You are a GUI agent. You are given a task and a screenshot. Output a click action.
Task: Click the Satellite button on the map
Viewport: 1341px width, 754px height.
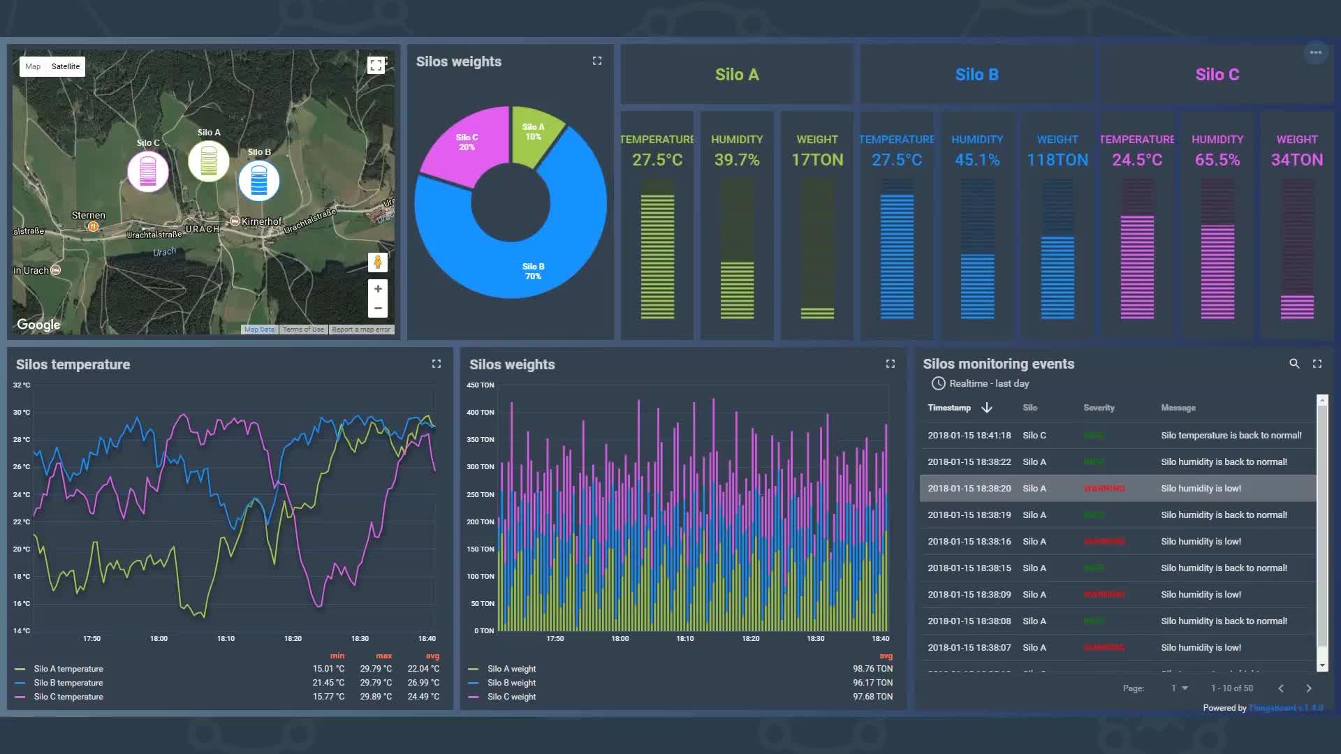[x=66, y=66]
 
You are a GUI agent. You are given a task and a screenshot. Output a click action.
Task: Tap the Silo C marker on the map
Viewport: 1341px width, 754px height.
[x=147, y=170]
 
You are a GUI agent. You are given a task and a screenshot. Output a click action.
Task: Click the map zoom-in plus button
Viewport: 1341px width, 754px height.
[x=378, y=288]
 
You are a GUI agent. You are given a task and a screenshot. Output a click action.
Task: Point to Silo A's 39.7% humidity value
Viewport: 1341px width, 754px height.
[x=737, y=160]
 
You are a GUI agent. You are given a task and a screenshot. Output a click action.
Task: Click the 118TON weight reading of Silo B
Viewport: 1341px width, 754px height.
[x=1057, y=160]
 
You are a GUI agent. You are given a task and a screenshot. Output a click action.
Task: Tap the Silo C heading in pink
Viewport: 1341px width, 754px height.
[x=1217, y=75]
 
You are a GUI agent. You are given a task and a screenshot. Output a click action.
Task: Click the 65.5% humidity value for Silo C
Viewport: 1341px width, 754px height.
[x=1217, y=160]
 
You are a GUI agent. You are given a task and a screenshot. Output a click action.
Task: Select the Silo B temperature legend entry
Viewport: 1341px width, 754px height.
[x=68, y=683]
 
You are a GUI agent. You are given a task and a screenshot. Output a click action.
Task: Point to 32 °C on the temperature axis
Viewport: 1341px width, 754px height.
[x=22, y=385]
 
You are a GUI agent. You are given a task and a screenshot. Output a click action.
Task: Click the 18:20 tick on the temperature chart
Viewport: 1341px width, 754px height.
[x=293, y=639]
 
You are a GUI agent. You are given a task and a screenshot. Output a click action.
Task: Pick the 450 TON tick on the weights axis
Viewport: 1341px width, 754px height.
[x=481, y=385]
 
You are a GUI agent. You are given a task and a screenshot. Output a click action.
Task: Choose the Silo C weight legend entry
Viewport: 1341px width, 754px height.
[x=511, y=697]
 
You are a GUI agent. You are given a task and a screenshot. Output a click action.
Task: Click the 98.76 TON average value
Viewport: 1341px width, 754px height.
[x=872, y=669]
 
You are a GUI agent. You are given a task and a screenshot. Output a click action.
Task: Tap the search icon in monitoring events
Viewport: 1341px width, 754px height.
[x=1294, y=364]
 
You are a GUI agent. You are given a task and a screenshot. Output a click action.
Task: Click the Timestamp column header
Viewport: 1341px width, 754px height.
[x=949, y=408]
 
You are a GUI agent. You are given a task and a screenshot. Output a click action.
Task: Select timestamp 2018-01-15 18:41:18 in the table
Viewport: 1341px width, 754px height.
[x=969, y=435]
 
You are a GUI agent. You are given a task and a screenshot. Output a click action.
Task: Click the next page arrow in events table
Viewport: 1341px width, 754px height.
[x=1309, y=688]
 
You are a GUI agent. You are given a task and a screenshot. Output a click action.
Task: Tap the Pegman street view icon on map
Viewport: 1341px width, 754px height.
[x=378, y=263]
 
